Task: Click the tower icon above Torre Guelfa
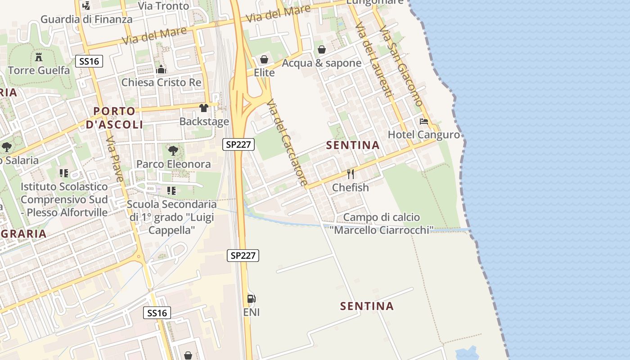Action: click(39, 57)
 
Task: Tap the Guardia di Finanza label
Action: click(86, 19)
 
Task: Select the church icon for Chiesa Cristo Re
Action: click(161, 69)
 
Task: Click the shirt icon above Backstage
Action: click(204, 108)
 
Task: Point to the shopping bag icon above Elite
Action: click(264, 60)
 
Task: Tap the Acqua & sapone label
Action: click(321, 63)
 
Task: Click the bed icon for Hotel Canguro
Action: click(423, 121)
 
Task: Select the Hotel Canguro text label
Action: click(424, 135)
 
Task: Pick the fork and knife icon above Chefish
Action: click(351, 174)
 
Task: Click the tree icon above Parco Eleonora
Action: click(173, 151)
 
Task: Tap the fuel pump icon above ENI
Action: click(251, 298)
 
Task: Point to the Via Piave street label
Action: click(115, 160)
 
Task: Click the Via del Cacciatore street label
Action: click(287, 143)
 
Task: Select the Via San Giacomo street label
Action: click(400, 65)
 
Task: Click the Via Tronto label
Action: click(163, 6)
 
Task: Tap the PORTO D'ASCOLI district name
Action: click(114, 118)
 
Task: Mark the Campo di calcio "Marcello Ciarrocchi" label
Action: click(381, 224)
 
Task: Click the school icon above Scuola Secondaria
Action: click(171, 191)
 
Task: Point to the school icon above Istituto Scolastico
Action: click(64, 173)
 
